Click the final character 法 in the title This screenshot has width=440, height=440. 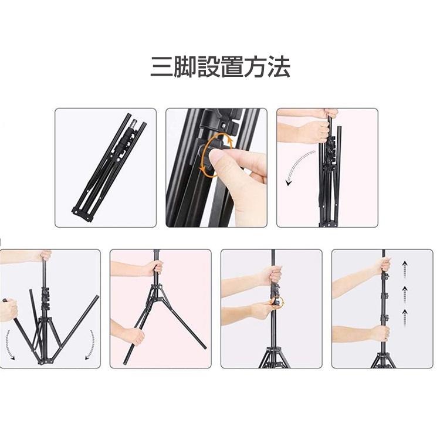pos(280,68)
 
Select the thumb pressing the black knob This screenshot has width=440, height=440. pos(218,157)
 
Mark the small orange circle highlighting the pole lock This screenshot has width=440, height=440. pos(276,303)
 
